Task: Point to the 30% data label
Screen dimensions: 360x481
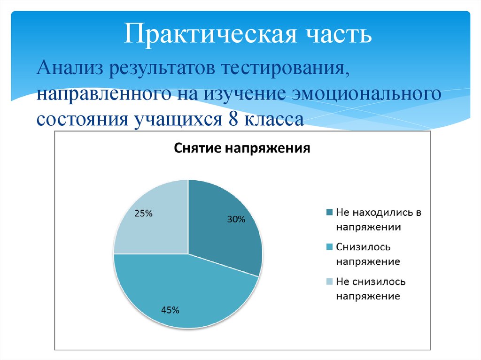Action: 236,219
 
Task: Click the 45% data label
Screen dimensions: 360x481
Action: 170,310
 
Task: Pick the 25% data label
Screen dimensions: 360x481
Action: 143,213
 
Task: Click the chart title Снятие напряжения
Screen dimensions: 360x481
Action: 242,149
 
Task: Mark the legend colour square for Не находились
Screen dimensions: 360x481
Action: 329,213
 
